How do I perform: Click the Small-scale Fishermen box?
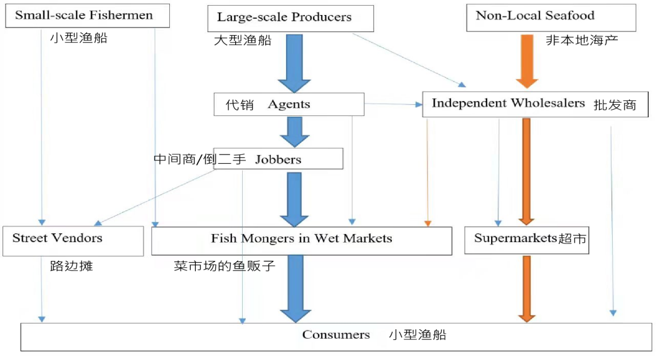point(87,16)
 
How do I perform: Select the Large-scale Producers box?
point(290,18)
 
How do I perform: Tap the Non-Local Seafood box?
point(551,17)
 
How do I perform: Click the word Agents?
point(288,105)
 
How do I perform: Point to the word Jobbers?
point(278,159)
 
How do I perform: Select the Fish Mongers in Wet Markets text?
point(301,238)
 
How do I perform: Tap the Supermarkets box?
point(526,239)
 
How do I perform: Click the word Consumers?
point(336,335)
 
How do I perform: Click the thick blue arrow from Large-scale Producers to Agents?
point(294,63)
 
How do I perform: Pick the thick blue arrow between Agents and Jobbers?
point(294,132)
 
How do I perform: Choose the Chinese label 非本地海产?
point(582,40)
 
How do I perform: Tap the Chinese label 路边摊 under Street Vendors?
point(71,266)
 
